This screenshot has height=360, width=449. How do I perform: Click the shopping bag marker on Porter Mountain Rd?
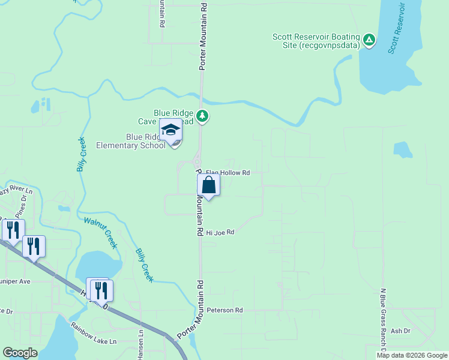pos(209,184)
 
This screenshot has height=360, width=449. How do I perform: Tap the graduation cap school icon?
pos(170,130)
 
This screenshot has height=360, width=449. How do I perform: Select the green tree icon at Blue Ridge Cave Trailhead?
pos(203,116)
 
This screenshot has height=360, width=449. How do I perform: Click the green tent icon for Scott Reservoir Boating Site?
pos(369,41)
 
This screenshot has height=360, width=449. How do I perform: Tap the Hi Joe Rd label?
pos(220,232)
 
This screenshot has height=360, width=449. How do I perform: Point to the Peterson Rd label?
pos(224,310)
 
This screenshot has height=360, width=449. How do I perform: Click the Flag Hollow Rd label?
pos(228,173)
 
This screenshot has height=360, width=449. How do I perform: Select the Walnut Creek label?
pos(100,232)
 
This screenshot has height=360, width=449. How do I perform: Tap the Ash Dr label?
pos(400,331)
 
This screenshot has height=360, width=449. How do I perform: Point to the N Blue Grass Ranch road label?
pos(382,320)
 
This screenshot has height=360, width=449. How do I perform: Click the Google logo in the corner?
pos(20,353)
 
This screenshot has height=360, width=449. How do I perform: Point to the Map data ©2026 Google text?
pos(411,355)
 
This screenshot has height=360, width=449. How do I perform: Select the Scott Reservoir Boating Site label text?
pos(316,41)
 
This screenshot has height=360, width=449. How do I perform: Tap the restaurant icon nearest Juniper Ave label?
pos(34,245)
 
